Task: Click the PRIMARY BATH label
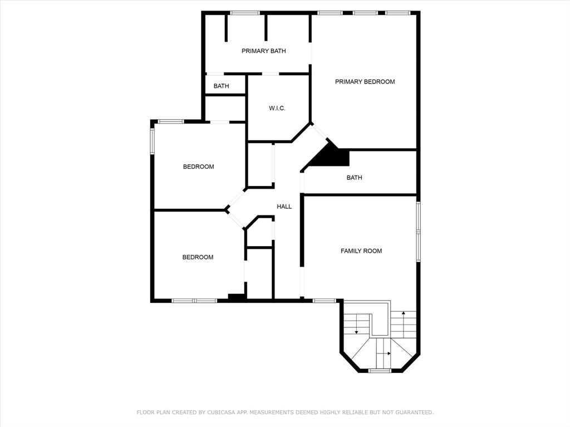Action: (263, 51)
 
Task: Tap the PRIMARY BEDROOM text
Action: (365, 82)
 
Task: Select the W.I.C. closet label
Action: (277, 108)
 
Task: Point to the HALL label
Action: (284, 207)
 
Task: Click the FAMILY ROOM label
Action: (361, 251)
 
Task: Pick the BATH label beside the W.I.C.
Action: (221, 86)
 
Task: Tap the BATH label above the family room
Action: (354, 178)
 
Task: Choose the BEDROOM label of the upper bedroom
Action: (199, 167)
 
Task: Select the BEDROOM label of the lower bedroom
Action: (198, 258)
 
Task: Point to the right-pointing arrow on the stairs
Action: (384, 353)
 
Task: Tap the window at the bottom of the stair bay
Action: (380, 371)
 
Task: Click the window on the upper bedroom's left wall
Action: (153, 142)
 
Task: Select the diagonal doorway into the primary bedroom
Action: (320, 132)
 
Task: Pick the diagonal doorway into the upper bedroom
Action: (237, 199)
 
